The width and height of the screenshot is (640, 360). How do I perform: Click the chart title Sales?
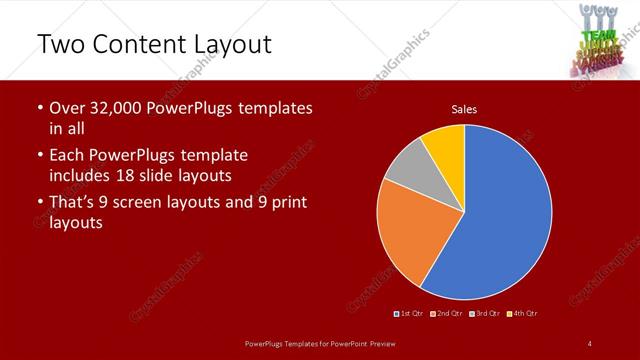pyautogui.click(x=464, y=108)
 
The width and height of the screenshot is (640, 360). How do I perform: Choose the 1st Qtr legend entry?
pyautogui.click(x=409, y=314)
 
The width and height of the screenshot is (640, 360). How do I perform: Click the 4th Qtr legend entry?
pyautogui.click(x=523, y=314)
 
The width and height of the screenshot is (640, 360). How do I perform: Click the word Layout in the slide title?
pyautogui.click(x=228, y=44)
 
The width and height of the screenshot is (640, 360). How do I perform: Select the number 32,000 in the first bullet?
pyautogui.click(x=122, y=108)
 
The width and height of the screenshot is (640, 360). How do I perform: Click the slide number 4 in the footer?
pyautogui.click(x=590, y=344)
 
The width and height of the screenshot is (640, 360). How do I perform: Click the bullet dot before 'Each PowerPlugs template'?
pyautogui.click(x=39, y=156)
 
